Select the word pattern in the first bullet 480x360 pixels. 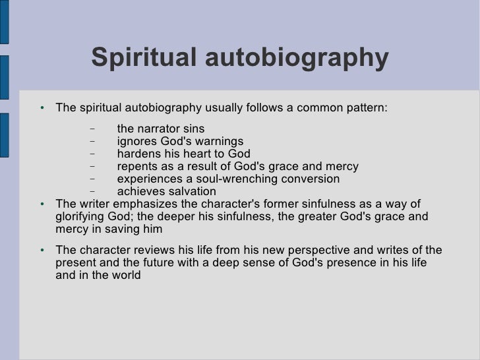(367, 107)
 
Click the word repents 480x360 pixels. (138, 167)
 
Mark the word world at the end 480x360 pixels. (125, 276)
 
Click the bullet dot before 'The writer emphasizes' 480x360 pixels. (42, 204)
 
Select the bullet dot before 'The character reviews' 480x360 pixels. (42, 251)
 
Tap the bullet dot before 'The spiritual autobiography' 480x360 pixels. (42, 108)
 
